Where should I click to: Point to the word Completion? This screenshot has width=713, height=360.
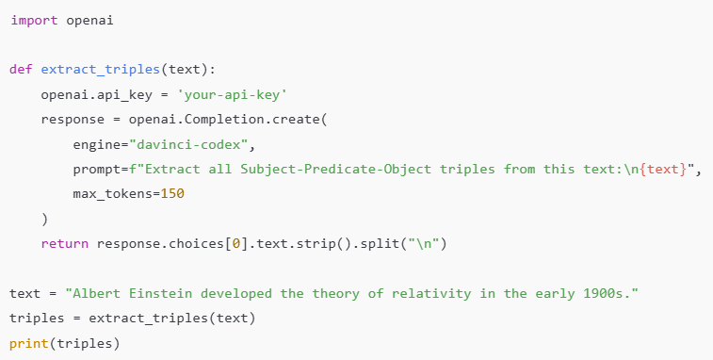211,120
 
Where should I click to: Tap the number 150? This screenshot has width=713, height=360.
171,194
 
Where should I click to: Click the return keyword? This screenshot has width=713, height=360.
64,244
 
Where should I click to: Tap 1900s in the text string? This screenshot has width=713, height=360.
609,293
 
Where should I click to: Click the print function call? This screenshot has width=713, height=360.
28,343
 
